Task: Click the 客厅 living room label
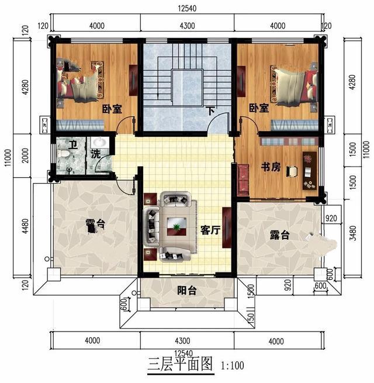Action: point(210,230)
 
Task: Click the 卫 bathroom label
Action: point(72,146)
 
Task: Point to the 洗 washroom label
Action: point(95,155)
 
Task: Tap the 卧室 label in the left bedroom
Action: point(112,108)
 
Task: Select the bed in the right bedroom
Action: point(293,85)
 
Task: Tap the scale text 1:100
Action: point(233,367)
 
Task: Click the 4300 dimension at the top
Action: point(187,25)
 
